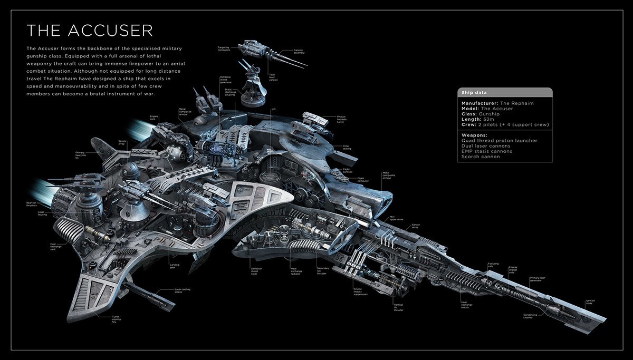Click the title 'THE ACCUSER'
(90, 31)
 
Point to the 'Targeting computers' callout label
(224, 48)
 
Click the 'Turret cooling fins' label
(117, 318)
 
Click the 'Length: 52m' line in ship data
(478, 119)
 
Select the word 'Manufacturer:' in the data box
(481, 103)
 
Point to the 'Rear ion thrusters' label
(32, 204)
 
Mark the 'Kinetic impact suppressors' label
(360, 293)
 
